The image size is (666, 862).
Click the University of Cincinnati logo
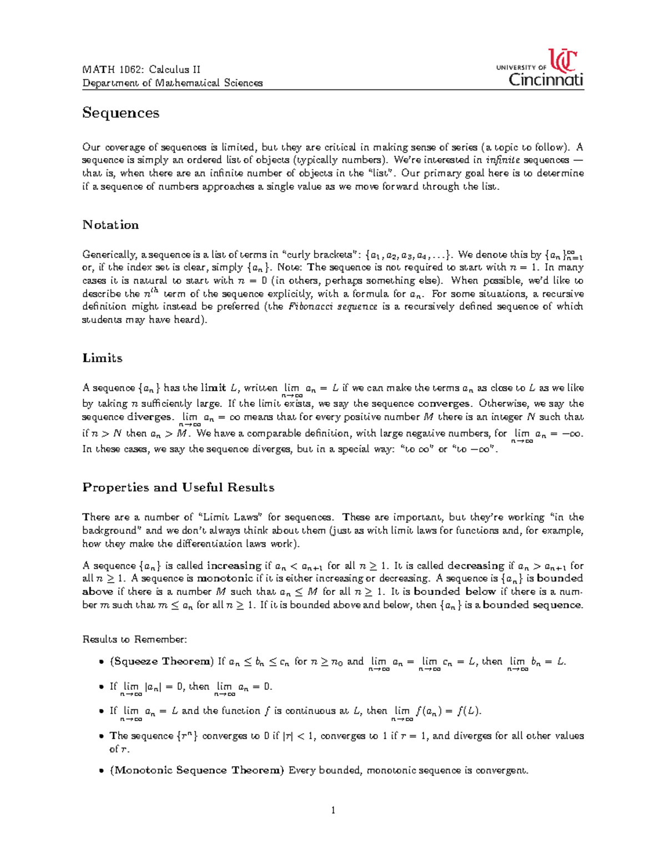pyautogui.click(x=539, y=69)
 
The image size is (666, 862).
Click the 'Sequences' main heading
pyautogui.click(x=121, y=113)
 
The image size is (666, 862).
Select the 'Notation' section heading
pyautogui.click(x=110, y=225)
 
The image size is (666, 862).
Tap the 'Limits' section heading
pyautogui.click(x=102, y=358)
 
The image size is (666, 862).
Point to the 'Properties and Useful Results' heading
pyautogui.click(x=178, y=487)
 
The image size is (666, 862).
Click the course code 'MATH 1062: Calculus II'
pyautogui.click(x=142, y=69)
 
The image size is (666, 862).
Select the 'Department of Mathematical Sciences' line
pyautogui.click(x=172, y=83)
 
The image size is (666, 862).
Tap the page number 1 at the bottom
pyautogui.click(x=333, y=810)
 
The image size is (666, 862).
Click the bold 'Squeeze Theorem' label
pyautogui.click(x=162, y=661)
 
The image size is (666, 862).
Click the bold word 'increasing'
pyautogui.click(x=234, y=566)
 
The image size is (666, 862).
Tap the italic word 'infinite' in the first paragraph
pyautogui.click(x=503, y=160)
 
